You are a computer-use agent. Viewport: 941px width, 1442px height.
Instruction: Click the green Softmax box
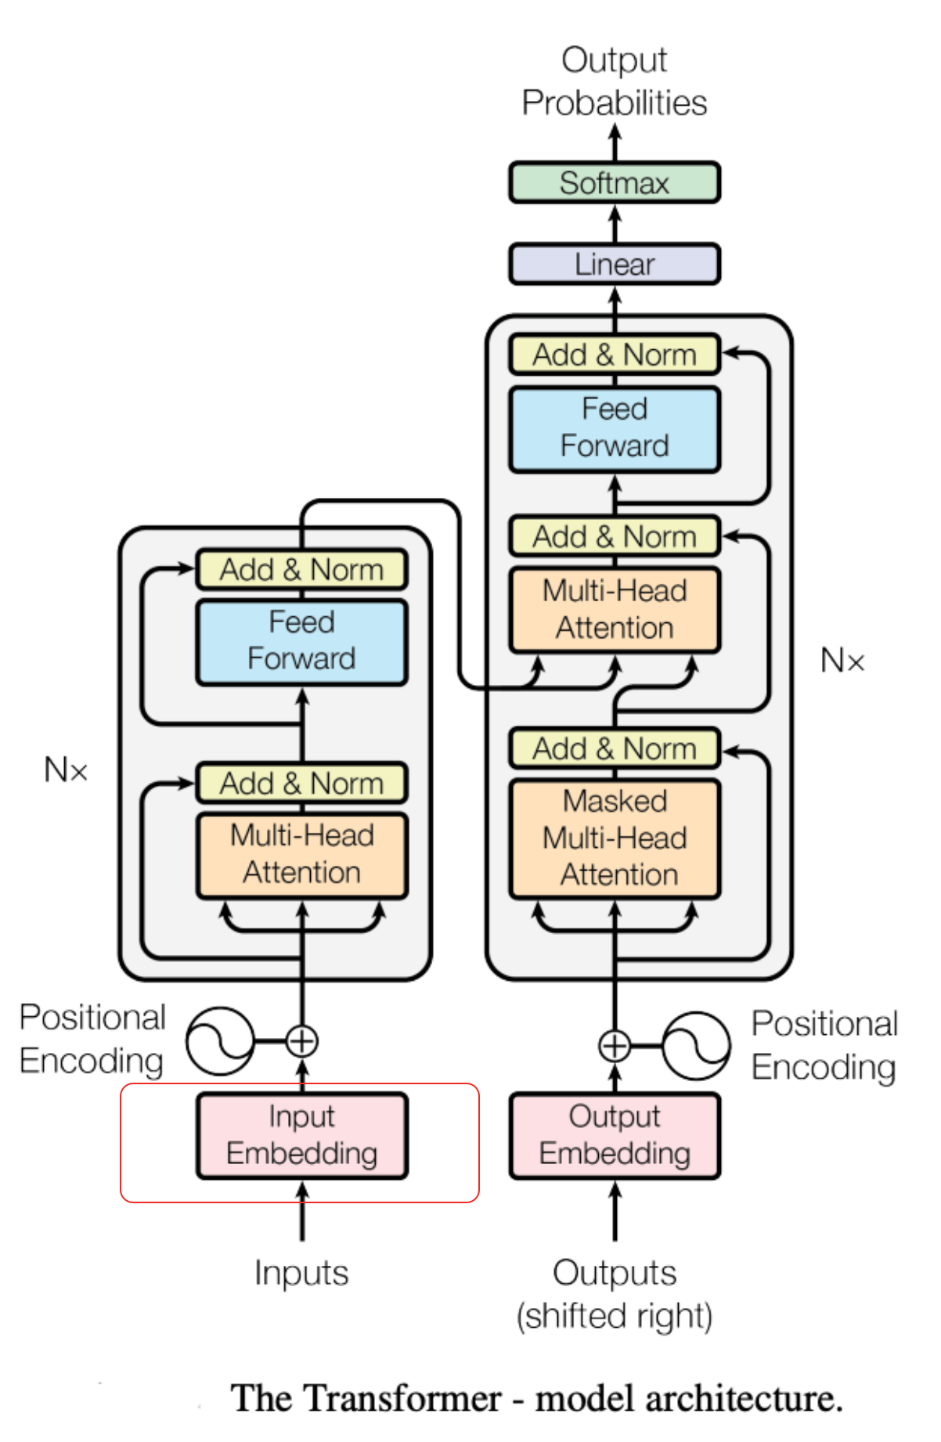pos(615,183)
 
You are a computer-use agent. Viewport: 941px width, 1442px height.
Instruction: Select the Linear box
pos(615,265)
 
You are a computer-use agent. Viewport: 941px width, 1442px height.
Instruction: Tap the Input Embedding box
pos(302,1135)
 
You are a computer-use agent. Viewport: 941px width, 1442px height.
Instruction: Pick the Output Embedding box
pos(615,1135)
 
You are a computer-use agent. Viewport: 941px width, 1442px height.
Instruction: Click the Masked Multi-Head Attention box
pos(615,838)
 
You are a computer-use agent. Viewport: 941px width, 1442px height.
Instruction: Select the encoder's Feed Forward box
pos(302,641)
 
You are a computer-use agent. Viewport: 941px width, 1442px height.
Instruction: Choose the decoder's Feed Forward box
pos(615,428)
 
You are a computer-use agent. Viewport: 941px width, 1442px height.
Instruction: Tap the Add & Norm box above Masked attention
pos(615,749)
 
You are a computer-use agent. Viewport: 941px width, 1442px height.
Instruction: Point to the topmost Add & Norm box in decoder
pos(615,355)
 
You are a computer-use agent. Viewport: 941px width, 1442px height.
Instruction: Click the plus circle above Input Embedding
pos(302,1041)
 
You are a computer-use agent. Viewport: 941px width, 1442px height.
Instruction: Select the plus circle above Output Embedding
pos(615,1046)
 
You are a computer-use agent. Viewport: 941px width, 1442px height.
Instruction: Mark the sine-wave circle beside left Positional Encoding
pos(220,1041)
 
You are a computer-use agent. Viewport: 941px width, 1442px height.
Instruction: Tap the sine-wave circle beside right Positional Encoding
pos(696,1046)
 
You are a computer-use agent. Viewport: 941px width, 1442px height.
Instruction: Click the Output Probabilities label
pos(615,81)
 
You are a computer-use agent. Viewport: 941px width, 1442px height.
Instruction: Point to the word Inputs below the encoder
pos(301,1273)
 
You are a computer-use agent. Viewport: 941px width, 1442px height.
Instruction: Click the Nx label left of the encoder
pos(66,770)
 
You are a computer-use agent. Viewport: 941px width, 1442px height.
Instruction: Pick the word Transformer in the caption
pos(402,1398)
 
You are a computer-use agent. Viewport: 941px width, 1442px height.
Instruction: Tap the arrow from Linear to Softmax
pos(615,223)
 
